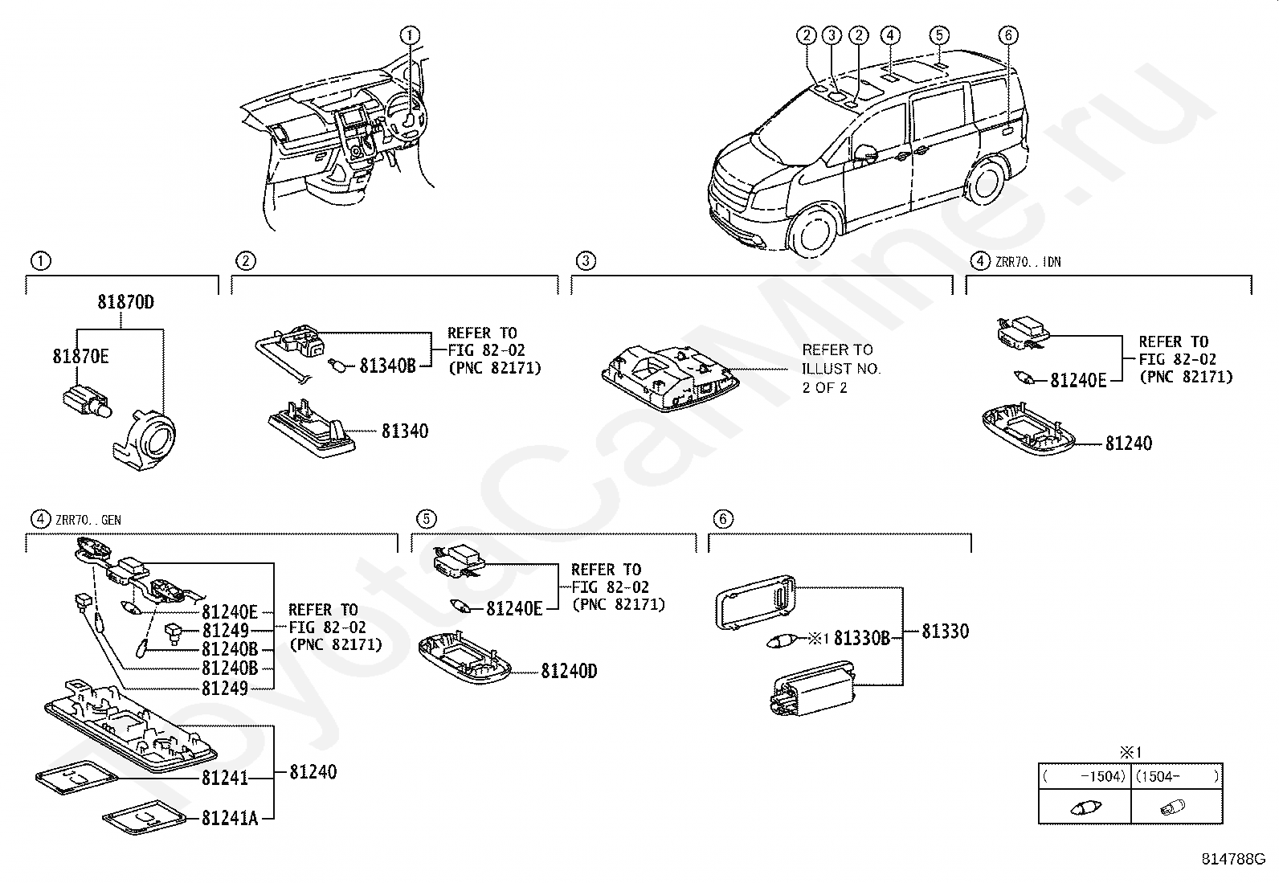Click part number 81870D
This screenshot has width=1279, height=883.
[125, 303]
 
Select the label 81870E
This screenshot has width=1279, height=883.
[80, 356]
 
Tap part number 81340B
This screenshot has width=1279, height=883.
[387, 366]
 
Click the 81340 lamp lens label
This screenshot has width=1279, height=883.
[404, 431]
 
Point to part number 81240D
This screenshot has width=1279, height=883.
[569, 671]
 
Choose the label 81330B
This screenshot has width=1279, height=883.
[862, 639]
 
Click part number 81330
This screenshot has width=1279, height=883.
[945, 632]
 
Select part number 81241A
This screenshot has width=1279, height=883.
[230, 818]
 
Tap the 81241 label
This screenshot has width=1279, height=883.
[225, 778]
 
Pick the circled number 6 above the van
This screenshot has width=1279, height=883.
[1009, 35]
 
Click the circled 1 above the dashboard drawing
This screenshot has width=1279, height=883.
[411, 35]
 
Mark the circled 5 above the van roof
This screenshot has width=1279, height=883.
[939, 35]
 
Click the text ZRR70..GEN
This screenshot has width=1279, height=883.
[88, 520]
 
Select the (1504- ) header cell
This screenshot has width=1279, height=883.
[1176, 776]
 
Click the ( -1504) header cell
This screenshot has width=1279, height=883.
[1085, 776]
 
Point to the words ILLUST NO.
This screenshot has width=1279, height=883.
[841, 369]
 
